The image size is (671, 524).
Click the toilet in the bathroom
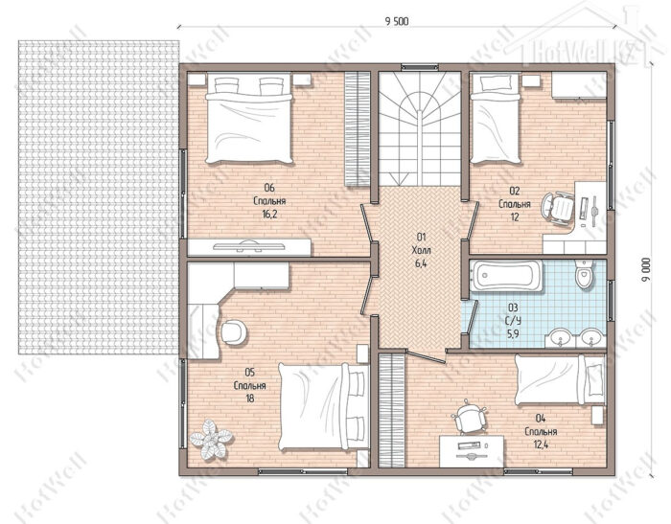(585, 274)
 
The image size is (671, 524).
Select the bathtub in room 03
(506, 276)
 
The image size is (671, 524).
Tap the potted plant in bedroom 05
(211, 440)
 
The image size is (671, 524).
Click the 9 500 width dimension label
(397, 21)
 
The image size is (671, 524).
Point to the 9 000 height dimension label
(646, 269)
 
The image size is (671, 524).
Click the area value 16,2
(269, 214)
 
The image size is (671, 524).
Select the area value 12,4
(541, 444)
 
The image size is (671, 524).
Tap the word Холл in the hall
(421, 250)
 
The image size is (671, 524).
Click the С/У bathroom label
(513, 321)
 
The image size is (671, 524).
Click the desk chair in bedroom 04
(470, 416)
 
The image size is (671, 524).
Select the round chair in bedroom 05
(234, 332)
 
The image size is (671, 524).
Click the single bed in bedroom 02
(496, 119)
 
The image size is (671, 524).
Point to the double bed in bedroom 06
(249, 118)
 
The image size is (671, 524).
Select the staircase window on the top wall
(420, 67)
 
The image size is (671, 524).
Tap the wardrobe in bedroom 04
(391, 410)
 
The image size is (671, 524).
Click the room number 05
(249, 372)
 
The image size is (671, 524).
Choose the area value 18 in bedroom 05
(249, 399)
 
